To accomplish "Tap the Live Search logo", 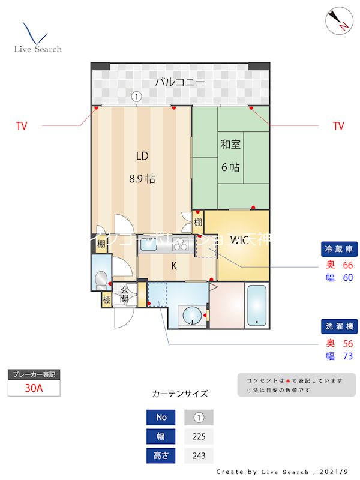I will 37,38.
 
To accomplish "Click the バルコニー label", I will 180,82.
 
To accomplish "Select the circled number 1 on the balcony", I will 136,95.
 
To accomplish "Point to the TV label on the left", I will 22,126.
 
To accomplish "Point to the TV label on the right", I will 338,126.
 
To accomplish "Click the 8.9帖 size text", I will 142,178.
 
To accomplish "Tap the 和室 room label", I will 230,144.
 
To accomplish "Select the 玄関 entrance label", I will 124,293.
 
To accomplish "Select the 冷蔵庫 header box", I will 338,248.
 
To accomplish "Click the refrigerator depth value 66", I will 347,265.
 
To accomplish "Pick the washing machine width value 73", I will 347,356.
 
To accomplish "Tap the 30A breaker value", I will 34,388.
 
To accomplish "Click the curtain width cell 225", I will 199,436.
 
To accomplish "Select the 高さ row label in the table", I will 161,455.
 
